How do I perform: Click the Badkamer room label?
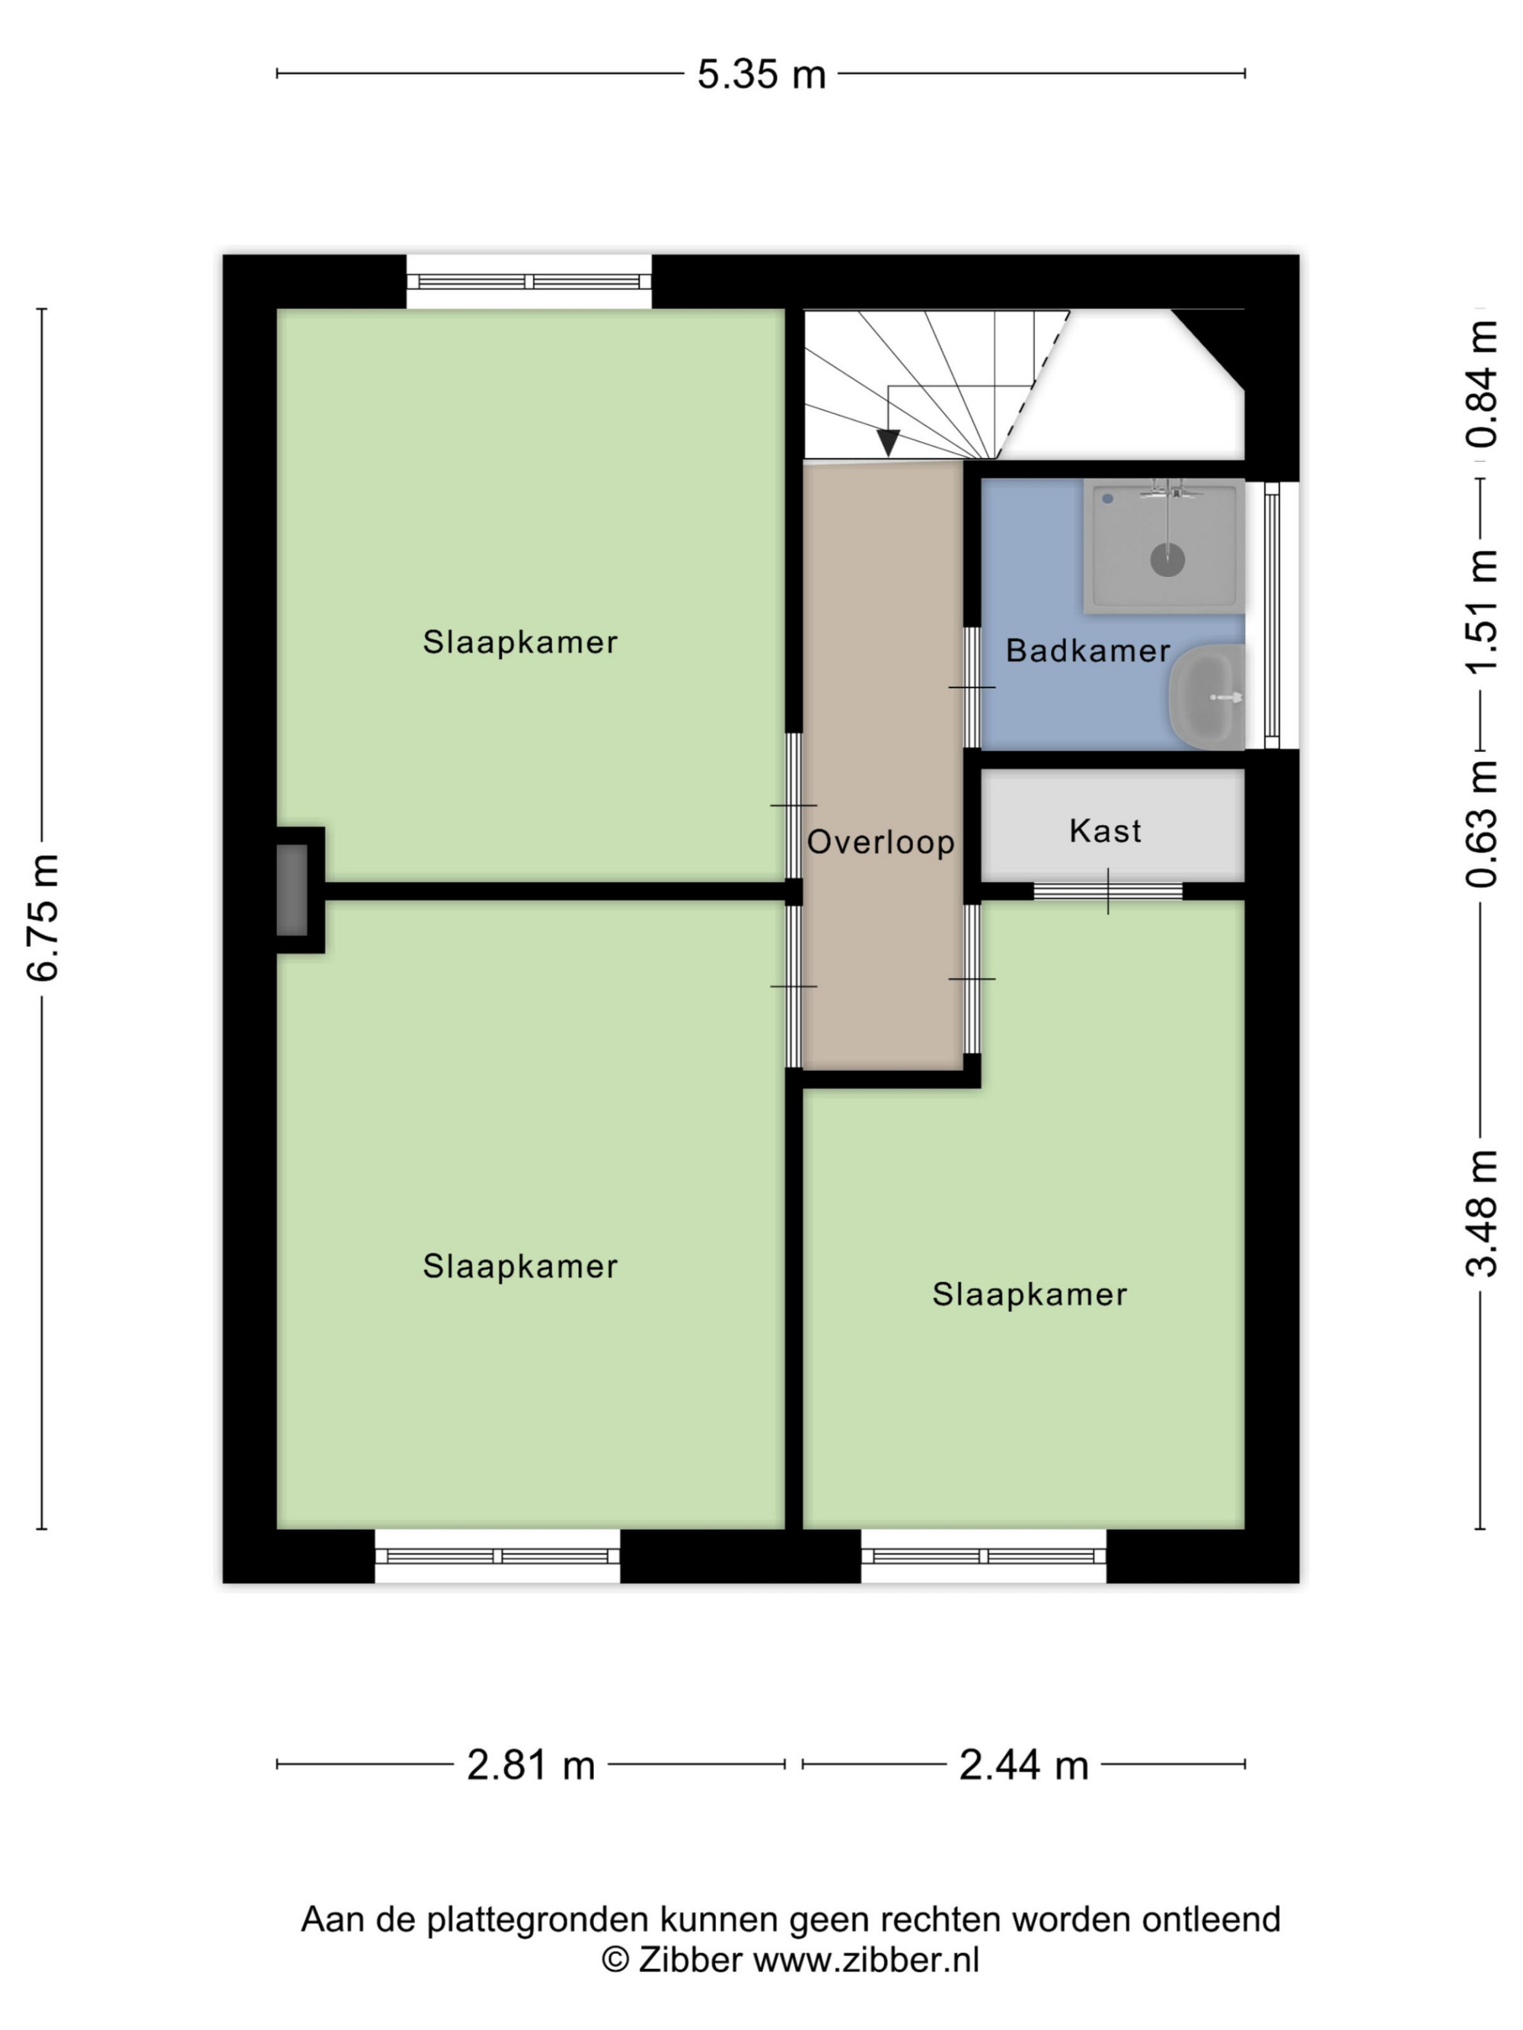pos(1088,651)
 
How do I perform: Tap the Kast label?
pos(1105,830)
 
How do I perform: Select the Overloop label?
pos(880,842)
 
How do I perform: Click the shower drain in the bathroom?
pos(1167,559)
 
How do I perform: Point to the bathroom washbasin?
pos(1206,696)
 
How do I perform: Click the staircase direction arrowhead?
pos(888,442)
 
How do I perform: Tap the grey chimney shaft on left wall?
pos(292,891)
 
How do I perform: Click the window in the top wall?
pos(528,282)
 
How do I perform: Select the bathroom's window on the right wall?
pos(1272,615)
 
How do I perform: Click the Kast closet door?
pos(1107,891)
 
